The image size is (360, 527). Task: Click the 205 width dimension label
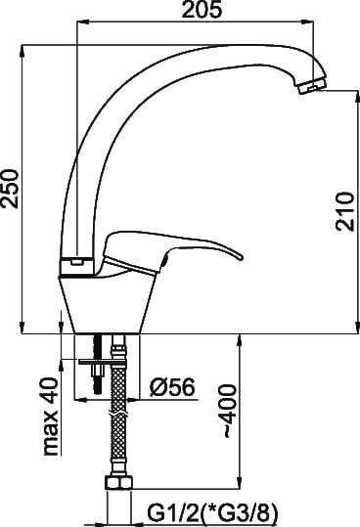(x=202, y=10)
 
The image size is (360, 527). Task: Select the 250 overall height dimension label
(x=10, y=189)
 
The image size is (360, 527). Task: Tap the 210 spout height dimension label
(x=345, y=211)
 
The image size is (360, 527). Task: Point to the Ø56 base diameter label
(x=172, y=386)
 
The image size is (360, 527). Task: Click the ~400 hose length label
(x=230, y=412)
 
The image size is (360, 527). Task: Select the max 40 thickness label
(x=51, y=417)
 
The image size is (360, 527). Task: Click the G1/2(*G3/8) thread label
(x=214, y=513)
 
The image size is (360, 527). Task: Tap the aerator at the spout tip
(x=312, y=86)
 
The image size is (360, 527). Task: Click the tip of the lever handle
(x=240, y=257)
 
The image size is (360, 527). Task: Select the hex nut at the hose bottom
(x=119, y=483)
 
